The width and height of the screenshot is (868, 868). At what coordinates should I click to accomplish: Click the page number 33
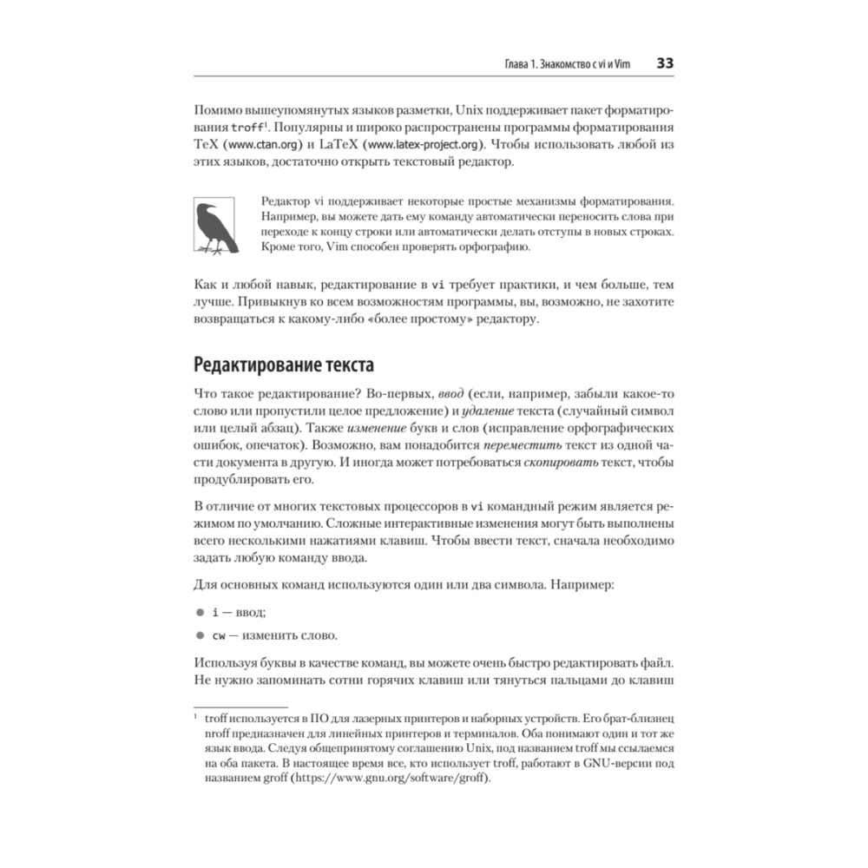click(666, 63)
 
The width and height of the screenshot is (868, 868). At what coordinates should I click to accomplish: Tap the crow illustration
click(214, 227)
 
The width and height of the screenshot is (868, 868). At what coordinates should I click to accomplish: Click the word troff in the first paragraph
click(238, 128)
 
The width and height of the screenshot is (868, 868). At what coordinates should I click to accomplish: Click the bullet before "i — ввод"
click(199, 612)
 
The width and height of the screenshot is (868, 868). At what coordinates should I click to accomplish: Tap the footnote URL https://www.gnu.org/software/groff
click(391, 778)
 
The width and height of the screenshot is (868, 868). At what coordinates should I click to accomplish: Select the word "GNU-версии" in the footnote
click(609, 763)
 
